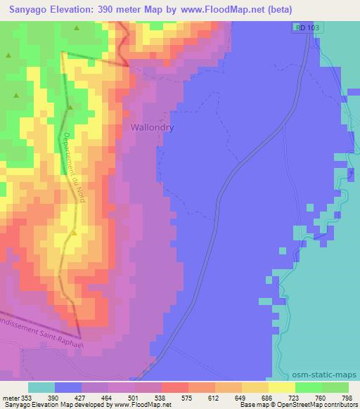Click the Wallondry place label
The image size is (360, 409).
pyautogui.click(x=152, y=128)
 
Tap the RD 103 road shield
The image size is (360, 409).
pyautogui.click(x=303, y=27)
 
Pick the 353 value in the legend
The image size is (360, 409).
pyautogui.click(x=26, y=397)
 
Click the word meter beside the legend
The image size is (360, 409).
pyautogui.click(x=10, y=397)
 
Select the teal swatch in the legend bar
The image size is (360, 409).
pyautogui.click(x=41, y=387)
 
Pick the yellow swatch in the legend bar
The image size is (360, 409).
pyautogui.click(x=282, y=387)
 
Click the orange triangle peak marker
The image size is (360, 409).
pyautogui.click(x=74, y=233)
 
